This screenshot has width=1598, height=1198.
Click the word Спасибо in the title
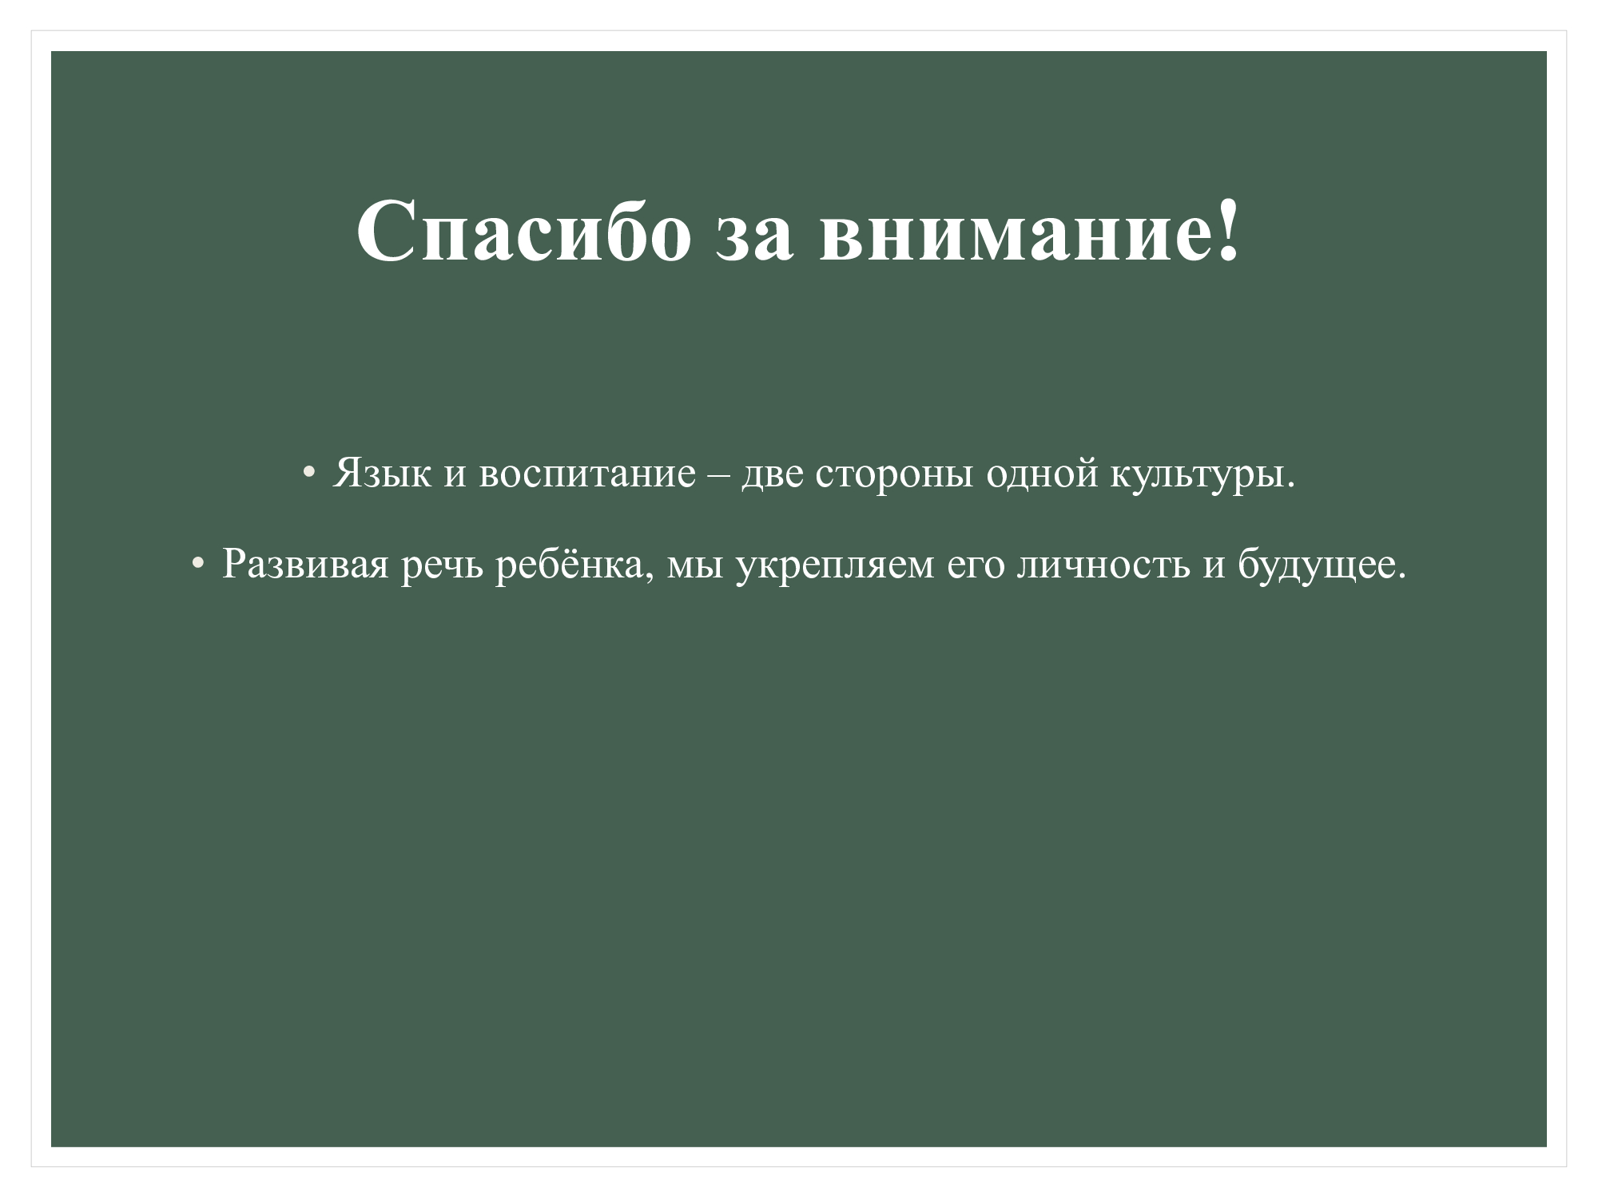tap(523, 231)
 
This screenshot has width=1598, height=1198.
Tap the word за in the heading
tap(754, 239)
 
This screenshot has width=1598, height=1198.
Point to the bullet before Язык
tap(308, 474)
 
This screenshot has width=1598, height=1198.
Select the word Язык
tap(381, 474)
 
